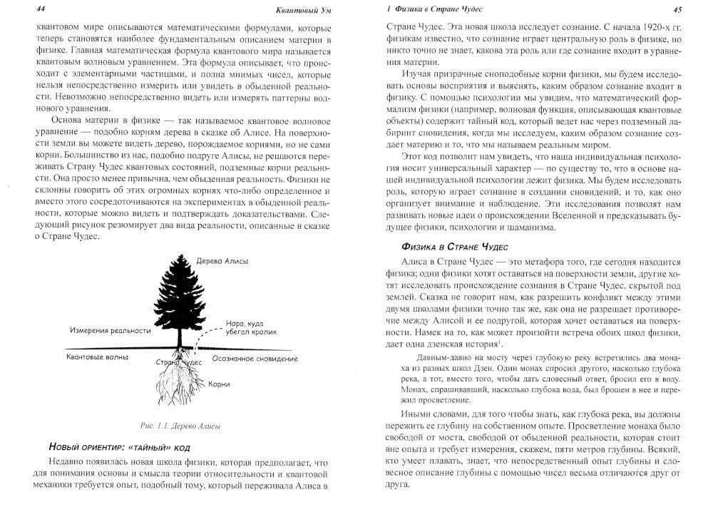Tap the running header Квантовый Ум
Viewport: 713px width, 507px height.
pos(302,9)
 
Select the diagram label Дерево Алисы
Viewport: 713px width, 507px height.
pos(223,261)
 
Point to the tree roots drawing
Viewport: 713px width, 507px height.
pos(178,389)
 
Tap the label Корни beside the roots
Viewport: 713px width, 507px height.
pos(219,385)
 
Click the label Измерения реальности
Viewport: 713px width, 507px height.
pos(110,332)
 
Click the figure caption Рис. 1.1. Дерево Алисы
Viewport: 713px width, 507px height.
pos(180,427)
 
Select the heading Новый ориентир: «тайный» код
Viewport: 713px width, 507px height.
pos(118,447)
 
